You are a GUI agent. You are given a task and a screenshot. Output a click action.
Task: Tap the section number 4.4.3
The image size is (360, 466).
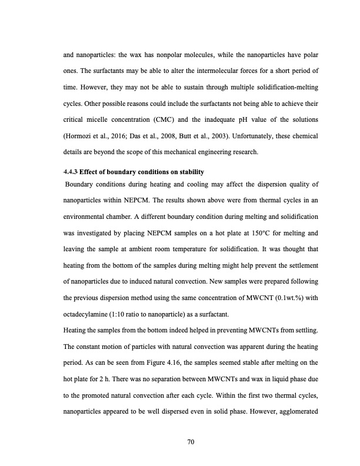pyautogui.click(x=70, y=172)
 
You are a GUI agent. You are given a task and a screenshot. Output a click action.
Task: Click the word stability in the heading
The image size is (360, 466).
pyautogui.click(x=189, y=172)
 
